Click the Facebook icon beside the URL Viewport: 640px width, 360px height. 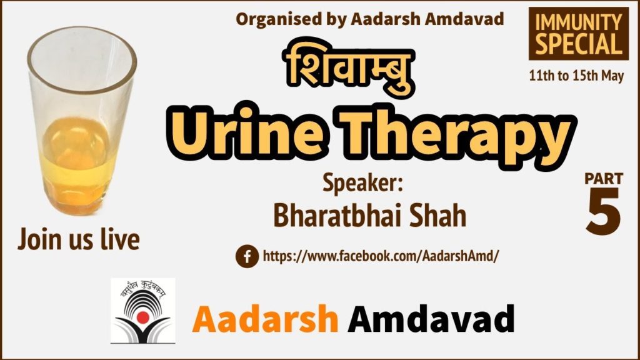click(247, 256)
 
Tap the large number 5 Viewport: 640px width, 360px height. click(604, 211)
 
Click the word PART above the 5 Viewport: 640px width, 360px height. click(604, 178)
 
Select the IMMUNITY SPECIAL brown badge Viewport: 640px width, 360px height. click(578, 34)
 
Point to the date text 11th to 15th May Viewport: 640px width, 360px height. click(576, 76)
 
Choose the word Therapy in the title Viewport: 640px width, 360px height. click(459, 137)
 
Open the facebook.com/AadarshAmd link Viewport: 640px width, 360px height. click(381, 256)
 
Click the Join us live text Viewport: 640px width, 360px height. click(79, 239)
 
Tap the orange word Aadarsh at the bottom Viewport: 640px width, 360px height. click(265, 319)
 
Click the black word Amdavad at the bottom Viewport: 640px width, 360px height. click(431, 319)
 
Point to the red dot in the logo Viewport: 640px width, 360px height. click(142, 317)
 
